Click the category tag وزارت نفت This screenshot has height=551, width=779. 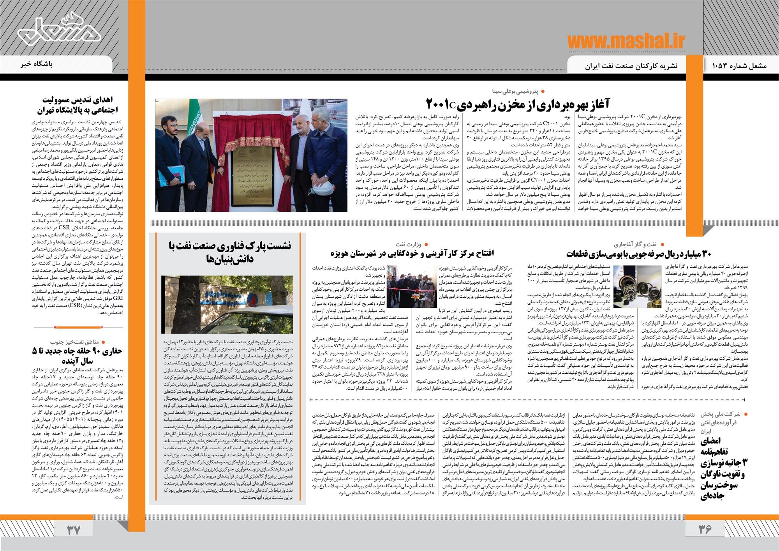(409, 244)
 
